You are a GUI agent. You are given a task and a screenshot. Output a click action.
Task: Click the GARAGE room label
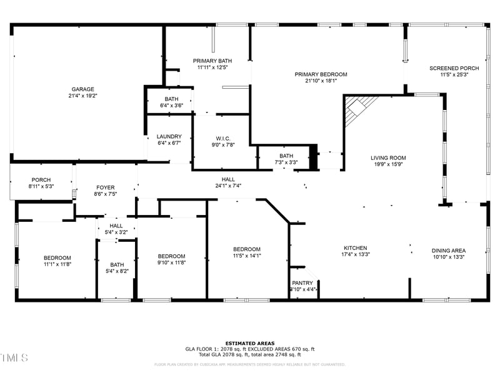coord(82,89)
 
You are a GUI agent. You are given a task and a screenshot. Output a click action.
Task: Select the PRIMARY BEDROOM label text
coord(321,74)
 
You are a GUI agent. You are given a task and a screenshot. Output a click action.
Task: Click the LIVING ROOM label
coord(388,158)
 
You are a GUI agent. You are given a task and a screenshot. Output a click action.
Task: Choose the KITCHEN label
coord(355,248)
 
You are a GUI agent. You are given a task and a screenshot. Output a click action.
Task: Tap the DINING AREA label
coord(449,250)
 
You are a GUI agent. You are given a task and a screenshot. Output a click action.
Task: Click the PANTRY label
coord(302,283)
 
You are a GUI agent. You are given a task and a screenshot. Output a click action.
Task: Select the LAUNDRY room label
coord(169,136)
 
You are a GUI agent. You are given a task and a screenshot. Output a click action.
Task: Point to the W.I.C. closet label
coord(224,138)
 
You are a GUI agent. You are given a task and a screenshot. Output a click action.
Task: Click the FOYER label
coord(105,187)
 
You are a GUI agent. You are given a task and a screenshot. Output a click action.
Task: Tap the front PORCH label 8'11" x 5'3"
coord(41,186)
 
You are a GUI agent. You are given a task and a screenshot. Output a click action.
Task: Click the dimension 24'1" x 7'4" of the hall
coord(228,186)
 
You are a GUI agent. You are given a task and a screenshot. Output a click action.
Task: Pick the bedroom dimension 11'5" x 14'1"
coord(246,256)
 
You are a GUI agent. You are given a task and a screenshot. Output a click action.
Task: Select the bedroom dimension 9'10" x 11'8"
coord(171,263)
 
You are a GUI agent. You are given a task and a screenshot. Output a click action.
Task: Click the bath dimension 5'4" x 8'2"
coord(117,271)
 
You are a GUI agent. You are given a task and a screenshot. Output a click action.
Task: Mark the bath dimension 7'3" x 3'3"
coord(286,162)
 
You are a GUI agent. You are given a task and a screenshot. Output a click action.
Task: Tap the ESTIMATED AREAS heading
coord(249,343)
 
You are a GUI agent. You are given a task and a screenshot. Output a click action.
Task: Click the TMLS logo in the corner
coord(14,358)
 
